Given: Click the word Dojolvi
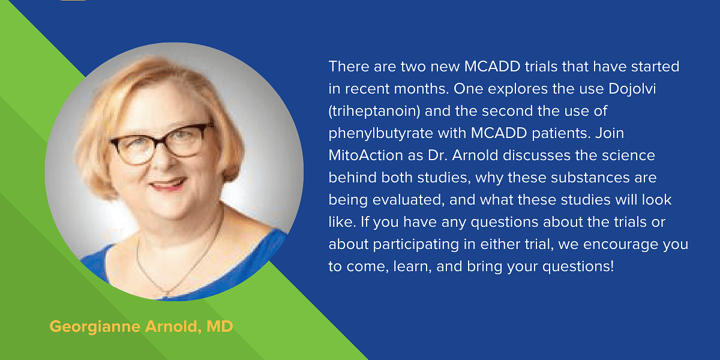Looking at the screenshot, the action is click(632, 89).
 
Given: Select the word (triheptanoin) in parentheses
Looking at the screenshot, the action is click(374, 111).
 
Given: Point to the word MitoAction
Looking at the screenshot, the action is click(366, 155).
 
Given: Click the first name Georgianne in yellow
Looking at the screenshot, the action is click(95, 326).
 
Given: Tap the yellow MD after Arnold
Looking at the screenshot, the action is click(220, 326).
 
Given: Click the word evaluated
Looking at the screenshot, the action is click(409, 200).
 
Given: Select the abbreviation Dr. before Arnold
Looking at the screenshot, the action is click(437, 155).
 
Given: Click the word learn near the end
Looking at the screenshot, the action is click(412, 267).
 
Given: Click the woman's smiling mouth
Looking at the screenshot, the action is click(167, 185).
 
